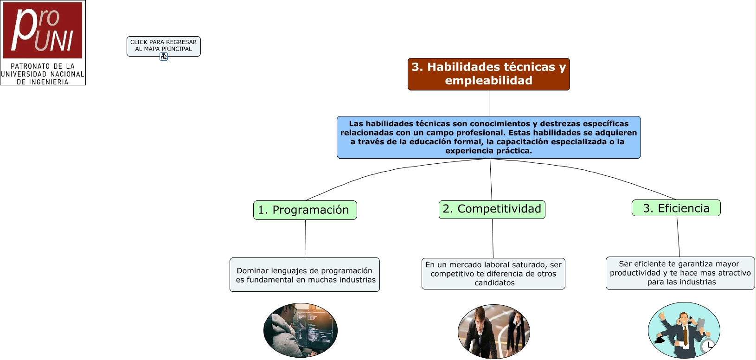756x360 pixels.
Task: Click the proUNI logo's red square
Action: click(43, 30)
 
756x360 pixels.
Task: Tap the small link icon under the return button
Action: click(164, 57)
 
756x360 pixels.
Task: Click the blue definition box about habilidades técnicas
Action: click(488, 137)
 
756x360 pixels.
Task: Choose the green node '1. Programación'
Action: click(305, 210)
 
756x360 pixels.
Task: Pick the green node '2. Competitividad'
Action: click(492, 209)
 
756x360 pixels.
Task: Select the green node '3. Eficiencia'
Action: click(676, 208)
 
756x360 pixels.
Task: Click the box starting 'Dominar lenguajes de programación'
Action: click(305, 275)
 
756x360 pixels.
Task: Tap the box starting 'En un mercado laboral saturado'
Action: click(493, 274)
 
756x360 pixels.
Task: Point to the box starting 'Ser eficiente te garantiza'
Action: click(680, 273)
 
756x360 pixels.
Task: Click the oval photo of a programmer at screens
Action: click(301, 330)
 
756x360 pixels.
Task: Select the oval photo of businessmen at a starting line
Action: click(493, 331)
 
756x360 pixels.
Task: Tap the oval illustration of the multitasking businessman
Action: click(684, 330)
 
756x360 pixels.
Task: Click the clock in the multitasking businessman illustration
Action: click(708, 346)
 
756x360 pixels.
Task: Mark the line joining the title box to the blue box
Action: click(489, 103)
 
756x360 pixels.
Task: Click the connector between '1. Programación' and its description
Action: click(305, 238)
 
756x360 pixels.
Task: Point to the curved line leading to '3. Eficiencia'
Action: click(603, 176)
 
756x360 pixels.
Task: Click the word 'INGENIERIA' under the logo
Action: click(48, 82)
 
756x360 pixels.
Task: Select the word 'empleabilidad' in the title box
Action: click(488, 81)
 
